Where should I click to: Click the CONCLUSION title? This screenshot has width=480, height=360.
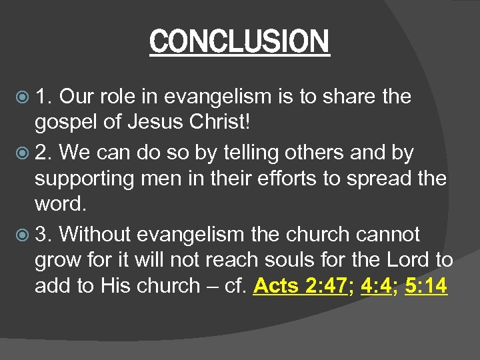(x=239, y=41)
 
